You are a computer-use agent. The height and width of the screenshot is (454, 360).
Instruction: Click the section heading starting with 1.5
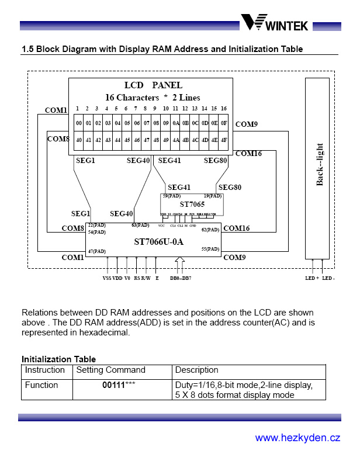coord(162,49)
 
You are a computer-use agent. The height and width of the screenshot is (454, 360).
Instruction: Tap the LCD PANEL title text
coord(153,85)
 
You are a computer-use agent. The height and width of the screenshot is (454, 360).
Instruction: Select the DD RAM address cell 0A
coord(175,123)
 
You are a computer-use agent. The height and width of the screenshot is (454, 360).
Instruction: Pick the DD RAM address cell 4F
coord(223,140)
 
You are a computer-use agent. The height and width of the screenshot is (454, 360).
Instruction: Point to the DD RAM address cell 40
coord(78,140)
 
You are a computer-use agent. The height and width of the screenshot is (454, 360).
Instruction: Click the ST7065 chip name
coord(192,204)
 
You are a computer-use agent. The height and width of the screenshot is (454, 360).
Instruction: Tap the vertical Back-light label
coord(320,164)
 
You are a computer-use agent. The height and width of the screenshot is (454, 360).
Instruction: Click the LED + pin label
coord(312,278)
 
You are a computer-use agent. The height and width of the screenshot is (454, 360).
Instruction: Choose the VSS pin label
coord(107,278)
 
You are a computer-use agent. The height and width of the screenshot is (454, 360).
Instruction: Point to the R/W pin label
coord(146,278)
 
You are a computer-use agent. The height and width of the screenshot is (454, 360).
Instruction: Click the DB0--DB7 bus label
coord(181,278)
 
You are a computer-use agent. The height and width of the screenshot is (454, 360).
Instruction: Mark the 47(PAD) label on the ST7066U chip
coord(97,251)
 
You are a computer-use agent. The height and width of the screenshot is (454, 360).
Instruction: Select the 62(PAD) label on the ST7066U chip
coord(210,230)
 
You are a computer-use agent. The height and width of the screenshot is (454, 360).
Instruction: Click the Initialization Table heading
coord(58,359)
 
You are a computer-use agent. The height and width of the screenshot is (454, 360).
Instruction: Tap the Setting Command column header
coord(111,370)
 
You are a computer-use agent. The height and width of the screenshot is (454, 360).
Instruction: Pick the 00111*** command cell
coord(123,385)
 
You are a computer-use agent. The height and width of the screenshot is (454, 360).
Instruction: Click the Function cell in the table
coord(41,385)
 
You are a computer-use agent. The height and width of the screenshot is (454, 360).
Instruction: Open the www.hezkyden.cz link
coord(297,438)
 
